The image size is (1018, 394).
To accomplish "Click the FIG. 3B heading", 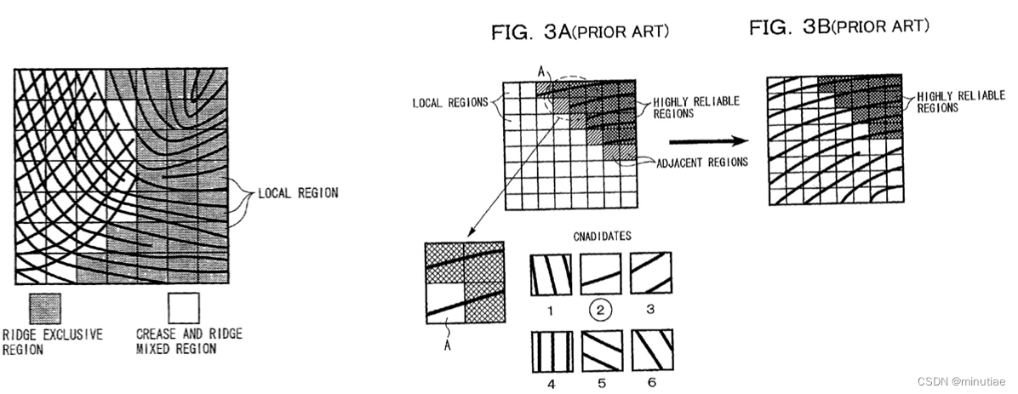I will click(838, 27).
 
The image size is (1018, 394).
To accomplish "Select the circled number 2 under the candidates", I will click(598, 311).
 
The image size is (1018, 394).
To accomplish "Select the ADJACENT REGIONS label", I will click(702, 162).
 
